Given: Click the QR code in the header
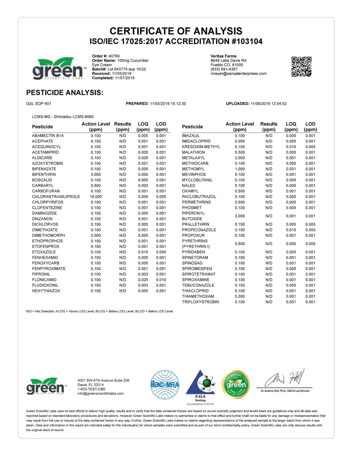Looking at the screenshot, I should click(x=301, y=66).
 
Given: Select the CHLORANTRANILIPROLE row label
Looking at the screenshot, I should click(x=56, y=197).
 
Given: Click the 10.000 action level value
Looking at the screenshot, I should click(x=96, y=197).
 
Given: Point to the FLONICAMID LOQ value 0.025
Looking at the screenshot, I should click(x=143, y=280).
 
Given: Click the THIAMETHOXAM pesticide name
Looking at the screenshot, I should click(x=198, y=296).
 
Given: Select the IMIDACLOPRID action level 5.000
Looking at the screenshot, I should click(x=240, y=141).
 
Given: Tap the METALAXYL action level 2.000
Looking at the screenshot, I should click(x=240, y=158).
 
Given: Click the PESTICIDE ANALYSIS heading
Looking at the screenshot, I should click(x=64, y=93).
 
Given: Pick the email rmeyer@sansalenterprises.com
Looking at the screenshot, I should click(x=238, y=73).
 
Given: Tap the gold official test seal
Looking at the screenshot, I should click(x=236, y=384).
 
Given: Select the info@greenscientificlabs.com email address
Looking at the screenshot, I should click(x=101, y=393).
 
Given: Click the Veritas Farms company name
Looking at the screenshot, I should click(x=223, y=56).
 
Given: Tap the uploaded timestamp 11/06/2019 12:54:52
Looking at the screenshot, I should click(x=268, y=104).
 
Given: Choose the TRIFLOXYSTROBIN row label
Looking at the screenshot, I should click(x=200, y=302).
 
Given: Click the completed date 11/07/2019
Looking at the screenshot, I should click(x=125, y=78).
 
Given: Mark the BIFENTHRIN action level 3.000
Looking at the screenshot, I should click(x=96, y=175).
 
